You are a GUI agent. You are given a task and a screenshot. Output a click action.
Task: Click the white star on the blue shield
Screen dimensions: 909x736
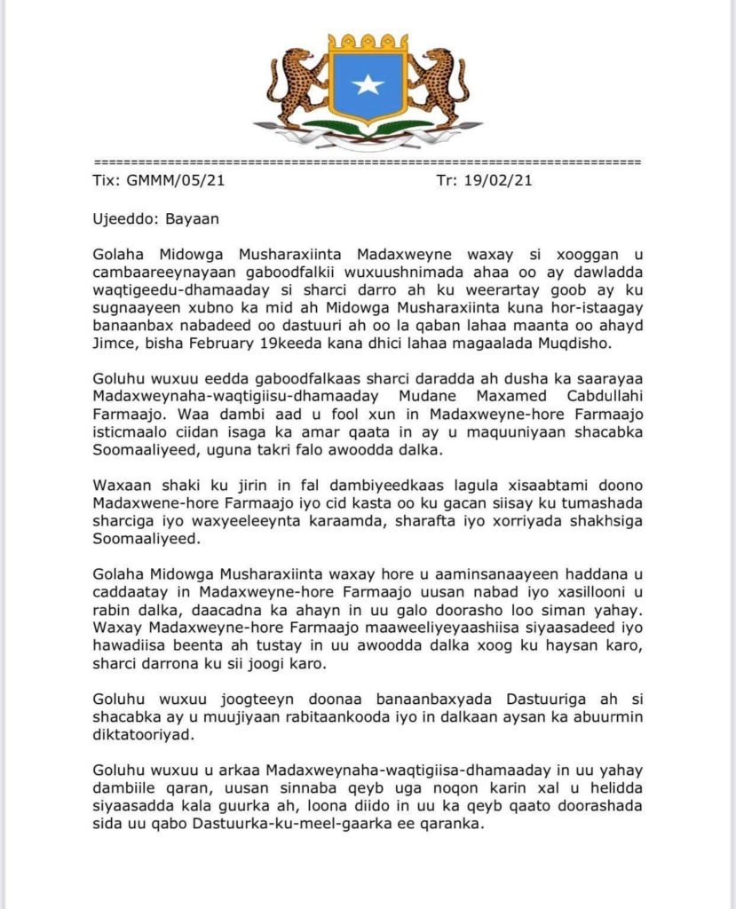[368, 84]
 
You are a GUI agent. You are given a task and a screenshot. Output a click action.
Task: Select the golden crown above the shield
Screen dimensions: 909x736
[368, 42]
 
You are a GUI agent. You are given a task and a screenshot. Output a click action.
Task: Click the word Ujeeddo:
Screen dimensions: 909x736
[125, 217]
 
